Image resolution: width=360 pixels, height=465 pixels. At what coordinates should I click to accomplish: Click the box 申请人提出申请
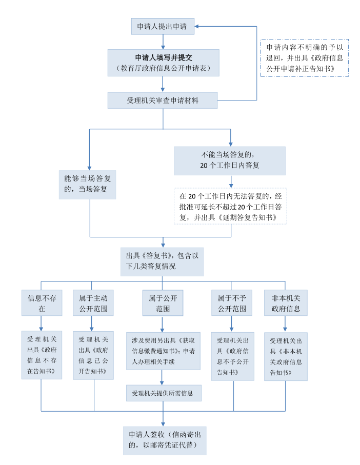pos(162,26)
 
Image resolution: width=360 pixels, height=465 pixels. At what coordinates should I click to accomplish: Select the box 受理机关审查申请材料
pos(163,100)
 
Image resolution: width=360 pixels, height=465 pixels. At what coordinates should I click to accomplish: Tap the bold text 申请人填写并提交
pos(163,57)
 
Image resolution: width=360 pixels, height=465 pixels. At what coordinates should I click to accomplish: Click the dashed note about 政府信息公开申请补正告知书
pos(304,57)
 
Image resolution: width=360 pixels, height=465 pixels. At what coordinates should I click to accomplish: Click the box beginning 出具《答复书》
pos(162,261)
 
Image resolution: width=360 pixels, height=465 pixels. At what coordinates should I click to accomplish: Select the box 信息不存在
pos(42,303)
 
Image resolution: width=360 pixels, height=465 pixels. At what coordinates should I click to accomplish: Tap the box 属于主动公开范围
pos(93,303)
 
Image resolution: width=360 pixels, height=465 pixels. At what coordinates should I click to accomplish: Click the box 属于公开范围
pos(163,303)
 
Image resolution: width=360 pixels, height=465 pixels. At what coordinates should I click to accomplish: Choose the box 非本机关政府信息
pos(286,303)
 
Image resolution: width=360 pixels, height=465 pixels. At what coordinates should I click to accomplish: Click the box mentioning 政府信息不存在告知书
pos(42,355)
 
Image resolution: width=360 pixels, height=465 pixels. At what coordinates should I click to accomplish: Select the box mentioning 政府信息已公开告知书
pos(93,355)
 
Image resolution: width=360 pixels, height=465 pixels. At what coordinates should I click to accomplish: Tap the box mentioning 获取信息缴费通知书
pos(163,351)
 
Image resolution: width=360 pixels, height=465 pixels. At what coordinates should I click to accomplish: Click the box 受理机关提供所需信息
pos(163,393)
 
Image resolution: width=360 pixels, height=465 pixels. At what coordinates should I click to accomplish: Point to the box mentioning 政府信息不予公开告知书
pos(232,355)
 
